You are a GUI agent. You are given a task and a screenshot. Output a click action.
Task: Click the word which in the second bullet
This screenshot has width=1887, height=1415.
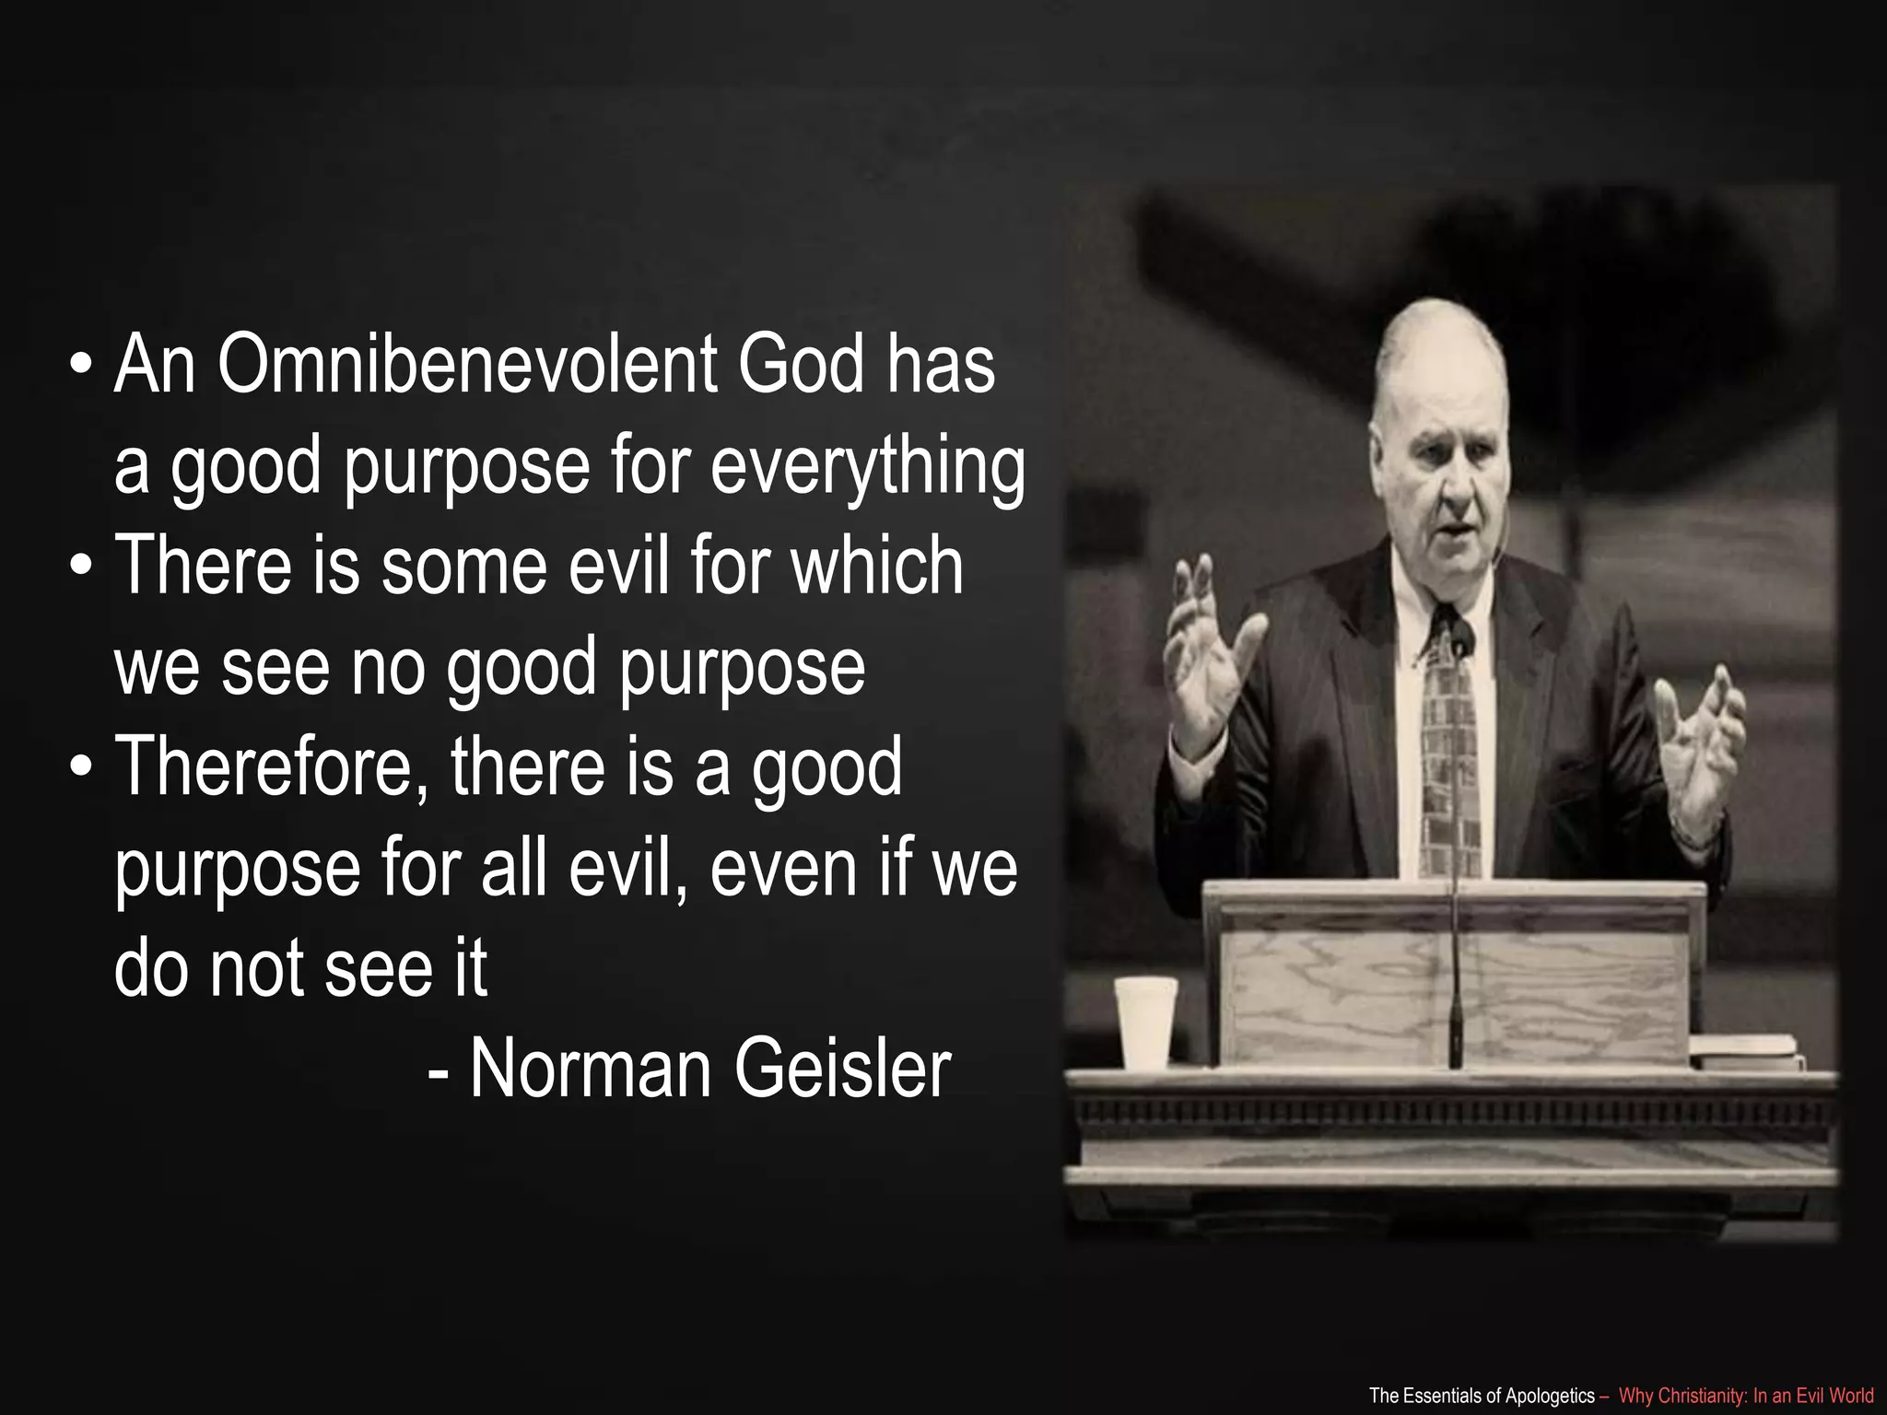(878, 566)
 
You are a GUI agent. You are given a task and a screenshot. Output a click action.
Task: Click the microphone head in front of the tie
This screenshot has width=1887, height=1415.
(1460, 636)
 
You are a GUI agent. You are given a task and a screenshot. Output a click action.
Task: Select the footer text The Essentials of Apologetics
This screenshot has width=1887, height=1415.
(1481, 1396)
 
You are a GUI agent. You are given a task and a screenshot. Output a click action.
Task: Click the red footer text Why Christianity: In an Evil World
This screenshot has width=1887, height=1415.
(1746, 1396)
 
